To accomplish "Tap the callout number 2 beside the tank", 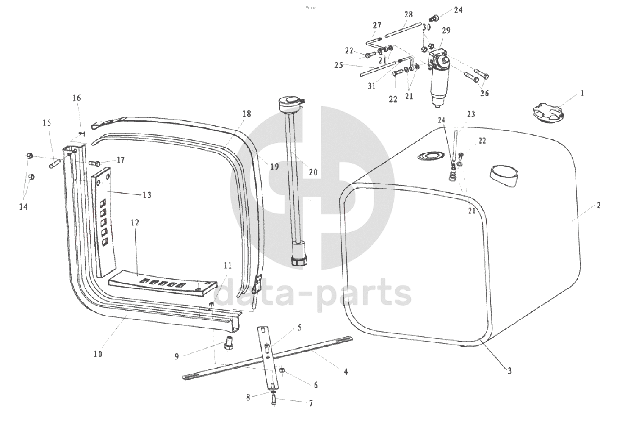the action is (x=598, y=206).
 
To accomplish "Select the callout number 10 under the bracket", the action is (x=98, y=354).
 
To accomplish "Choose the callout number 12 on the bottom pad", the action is (x=135, y=223).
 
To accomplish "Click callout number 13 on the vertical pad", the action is (x=147, y=195).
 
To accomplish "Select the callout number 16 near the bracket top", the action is (x=77, y=98).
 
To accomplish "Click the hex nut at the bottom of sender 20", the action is (x=299, y=260).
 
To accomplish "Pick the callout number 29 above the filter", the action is (x=446, y=30).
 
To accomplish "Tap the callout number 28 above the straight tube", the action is (x=409, y=14).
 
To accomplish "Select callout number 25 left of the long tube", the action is (x=339, y=65).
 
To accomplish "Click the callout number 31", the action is (x=372, y=86).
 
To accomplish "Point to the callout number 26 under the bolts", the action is (x=485, y=93).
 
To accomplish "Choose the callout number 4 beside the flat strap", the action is (x=346, y=371).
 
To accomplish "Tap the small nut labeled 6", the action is (x=282, y=370).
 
